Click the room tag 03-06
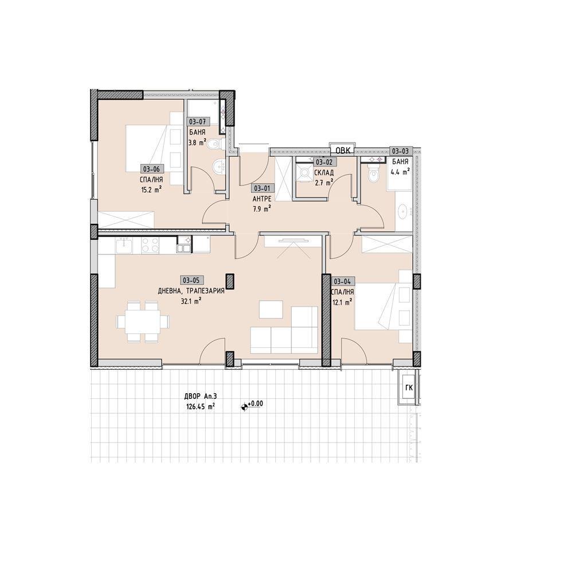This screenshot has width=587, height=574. (151, 169)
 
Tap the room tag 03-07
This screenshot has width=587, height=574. (198, 122)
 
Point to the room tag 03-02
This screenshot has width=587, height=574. (325, 162)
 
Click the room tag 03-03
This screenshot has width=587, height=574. (401, 151)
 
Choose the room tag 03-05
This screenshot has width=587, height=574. (192, 280)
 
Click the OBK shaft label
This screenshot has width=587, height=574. (343, 151)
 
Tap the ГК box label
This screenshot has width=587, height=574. (409, 388)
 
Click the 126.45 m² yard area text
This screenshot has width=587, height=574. (200, 406)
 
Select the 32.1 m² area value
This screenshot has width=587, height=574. (193, 300)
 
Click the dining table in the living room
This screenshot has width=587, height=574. (143, 321)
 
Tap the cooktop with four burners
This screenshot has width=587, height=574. (150, 246)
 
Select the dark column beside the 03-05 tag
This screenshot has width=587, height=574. (230, 281)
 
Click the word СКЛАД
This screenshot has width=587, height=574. (324, 173)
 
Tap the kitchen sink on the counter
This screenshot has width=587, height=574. (123, 246)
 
